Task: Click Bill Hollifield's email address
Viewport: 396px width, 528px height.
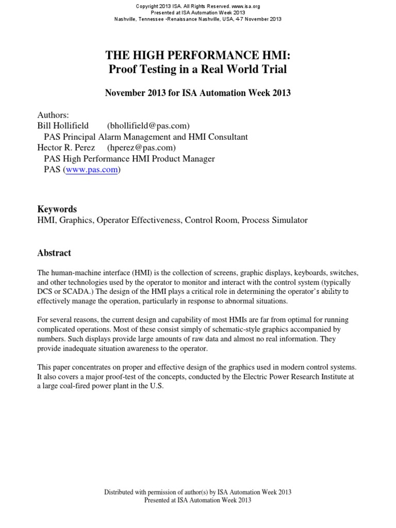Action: click(x=148, y=125)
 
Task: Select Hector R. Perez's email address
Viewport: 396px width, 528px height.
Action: click(x=142, y=148)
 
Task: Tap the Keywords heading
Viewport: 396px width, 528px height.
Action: click(x=57, y=209)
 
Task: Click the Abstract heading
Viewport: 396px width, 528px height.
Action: click(x=54, y=253)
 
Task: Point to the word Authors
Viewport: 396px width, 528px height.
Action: click(x=53, y=114)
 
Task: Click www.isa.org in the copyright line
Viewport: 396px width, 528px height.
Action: click(x=249, y=6)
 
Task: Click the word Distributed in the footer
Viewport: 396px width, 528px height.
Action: click(x=121, y=492)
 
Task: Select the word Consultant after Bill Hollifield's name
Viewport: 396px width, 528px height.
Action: click(x=227, y=137)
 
